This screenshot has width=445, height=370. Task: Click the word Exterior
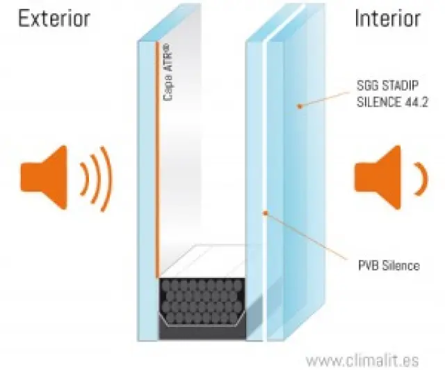pyautogui.click(x=54, y=18)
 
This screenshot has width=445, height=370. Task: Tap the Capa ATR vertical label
pyautogui.click(x=168, y=72)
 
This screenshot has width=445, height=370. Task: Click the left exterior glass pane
pyautogui.click(x=147, y=174)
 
